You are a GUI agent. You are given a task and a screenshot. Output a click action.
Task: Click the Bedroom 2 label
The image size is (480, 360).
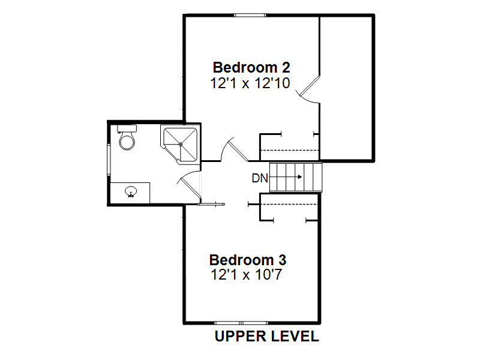click(251, 67)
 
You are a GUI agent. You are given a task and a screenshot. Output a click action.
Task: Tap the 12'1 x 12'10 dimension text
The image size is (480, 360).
click(250, 83)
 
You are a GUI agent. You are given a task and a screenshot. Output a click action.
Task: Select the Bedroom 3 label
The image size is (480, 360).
click(248, 260)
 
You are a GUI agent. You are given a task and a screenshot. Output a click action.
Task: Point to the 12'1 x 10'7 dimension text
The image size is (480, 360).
click(246, 274)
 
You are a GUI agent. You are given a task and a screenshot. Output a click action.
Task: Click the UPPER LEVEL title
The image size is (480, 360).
click(267, 336)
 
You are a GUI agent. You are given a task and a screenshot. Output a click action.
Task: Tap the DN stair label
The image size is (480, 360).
click(260, 178)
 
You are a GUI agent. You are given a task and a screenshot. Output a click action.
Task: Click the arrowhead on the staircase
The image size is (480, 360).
click(300, 177)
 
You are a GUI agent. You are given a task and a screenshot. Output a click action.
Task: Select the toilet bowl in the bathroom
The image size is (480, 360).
click(127, 141)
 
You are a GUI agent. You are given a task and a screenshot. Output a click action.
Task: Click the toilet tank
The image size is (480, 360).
click(127, 128)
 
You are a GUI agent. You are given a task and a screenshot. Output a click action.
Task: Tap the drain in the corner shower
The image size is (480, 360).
click(181, 144)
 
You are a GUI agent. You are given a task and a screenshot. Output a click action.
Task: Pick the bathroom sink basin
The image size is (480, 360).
click(131, 191)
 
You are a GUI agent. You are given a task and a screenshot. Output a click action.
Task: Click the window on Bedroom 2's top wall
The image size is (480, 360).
click(250, 15)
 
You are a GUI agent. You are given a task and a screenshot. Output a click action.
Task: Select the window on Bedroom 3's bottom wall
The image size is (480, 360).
click(241, 323)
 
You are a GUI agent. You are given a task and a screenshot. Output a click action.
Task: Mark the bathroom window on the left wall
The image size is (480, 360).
click(109, 160)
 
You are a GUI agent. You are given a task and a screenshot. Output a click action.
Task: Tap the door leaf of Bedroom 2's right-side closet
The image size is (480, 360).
click(310, 85)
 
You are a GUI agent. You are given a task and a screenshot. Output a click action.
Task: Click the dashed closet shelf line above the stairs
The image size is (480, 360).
click(289, 151)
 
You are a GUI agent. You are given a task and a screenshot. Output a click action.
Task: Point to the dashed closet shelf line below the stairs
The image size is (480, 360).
click(289, 204)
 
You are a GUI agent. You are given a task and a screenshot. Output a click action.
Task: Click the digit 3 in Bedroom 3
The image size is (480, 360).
click(282, 260)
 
